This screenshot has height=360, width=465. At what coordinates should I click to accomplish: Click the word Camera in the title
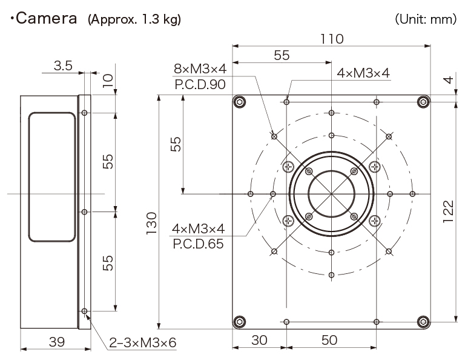(47, 19)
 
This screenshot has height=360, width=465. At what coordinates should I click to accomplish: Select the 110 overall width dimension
(332, 39)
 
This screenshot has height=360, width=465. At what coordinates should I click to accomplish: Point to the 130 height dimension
(152, 223)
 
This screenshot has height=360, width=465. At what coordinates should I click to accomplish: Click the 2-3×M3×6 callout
(142, 342)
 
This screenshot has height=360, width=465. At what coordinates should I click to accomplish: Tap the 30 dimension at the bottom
(259, 340)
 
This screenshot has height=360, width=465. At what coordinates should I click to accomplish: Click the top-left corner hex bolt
(240, 102)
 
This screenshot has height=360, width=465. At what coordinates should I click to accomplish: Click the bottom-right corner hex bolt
(423, 321)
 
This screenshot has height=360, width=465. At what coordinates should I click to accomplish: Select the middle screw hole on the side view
(84, 212)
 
